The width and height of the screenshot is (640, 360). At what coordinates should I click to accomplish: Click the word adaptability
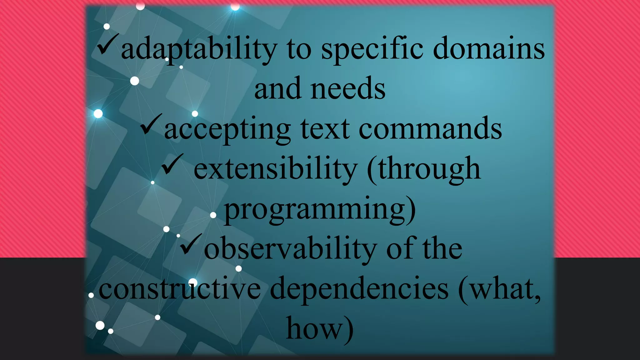click(x=199, y=49)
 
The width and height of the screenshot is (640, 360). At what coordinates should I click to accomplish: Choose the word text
click(x=325, y=129)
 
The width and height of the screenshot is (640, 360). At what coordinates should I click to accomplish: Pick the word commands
click(x=430, y=129)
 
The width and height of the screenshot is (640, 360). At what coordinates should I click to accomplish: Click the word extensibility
click(x=276, y=169)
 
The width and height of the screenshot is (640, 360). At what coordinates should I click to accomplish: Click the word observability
click(x=290, y=249)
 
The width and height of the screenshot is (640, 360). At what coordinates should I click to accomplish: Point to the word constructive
click(x=180, y=289)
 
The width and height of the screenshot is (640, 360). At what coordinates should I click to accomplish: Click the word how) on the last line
click(x=320, y=329)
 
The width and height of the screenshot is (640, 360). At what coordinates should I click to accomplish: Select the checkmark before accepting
click(x=151, y=124)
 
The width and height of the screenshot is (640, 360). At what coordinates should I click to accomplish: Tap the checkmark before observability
click(x=191, y=244)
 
